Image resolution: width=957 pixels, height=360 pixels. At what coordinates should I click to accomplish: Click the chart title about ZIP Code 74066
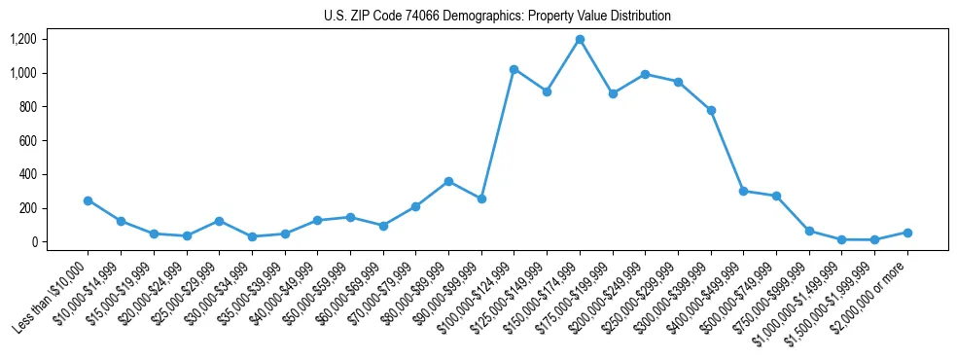497,17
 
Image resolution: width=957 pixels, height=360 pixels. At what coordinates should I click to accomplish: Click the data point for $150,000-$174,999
580,39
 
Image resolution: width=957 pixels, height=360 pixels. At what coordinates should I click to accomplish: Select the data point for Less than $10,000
88,200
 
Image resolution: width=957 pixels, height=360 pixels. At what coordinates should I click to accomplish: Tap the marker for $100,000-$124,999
514,69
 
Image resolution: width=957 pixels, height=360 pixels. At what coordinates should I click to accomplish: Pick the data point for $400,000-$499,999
743,191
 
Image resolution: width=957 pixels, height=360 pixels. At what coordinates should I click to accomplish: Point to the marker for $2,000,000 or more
907,233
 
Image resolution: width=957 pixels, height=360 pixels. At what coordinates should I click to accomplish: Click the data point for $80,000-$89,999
448,181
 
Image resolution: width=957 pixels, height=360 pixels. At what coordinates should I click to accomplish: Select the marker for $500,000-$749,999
776,196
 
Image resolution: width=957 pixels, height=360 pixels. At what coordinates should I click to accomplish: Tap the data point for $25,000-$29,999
219,221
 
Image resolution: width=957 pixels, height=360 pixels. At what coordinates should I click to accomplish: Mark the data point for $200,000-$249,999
645,74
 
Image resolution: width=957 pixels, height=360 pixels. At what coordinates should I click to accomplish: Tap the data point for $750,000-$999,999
809,231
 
